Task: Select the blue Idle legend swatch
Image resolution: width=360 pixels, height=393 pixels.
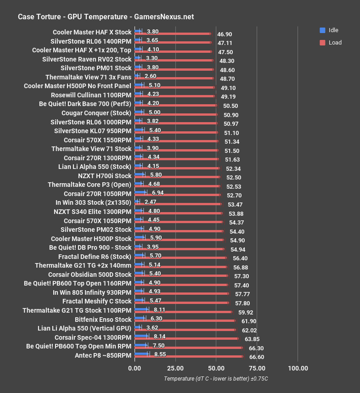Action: click(323, 30)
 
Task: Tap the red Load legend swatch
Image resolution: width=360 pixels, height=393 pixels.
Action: click(323, 43)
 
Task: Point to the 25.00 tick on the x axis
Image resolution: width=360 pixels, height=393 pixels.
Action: click(175, 368)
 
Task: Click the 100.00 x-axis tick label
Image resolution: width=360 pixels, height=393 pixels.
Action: click(298, 368)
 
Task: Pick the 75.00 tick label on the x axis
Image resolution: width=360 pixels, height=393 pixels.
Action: click(257, 368)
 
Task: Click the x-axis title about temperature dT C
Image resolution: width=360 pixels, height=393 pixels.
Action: click(215, 379)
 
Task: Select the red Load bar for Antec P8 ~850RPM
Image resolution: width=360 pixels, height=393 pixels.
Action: click(189, 356)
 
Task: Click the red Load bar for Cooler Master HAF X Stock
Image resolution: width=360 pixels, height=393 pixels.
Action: click(173, 34)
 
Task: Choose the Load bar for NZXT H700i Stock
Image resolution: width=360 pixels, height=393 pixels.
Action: click(177, 177)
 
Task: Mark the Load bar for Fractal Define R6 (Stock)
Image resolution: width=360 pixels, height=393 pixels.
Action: click(180, 258)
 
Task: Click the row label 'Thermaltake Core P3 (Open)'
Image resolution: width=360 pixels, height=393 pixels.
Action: click(90, 185)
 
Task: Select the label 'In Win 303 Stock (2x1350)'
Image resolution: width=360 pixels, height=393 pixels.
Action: click(94, 202)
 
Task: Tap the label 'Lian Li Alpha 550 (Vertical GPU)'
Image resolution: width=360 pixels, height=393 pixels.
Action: click(84, 328)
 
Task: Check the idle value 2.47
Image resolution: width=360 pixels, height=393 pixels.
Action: click(150, 202)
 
